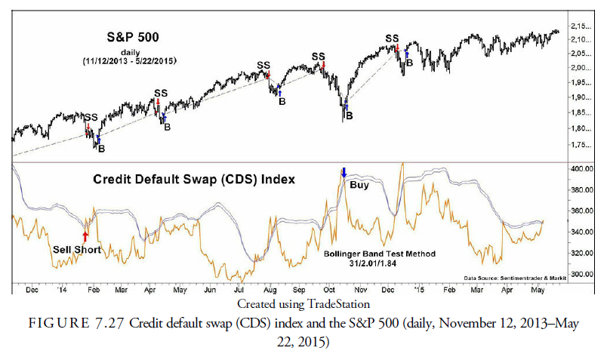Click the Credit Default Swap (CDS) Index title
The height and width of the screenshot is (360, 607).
pos(194,180)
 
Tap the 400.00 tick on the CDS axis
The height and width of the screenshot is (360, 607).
pos(581,168)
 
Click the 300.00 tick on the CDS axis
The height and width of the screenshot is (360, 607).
pos(581,274)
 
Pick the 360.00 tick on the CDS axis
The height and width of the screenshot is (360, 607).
pos(581,211)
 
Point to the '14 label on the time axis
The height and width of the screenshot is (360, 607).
pos(60,289)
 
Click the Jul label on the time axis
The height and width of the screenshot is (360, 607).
pos(239,289)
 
